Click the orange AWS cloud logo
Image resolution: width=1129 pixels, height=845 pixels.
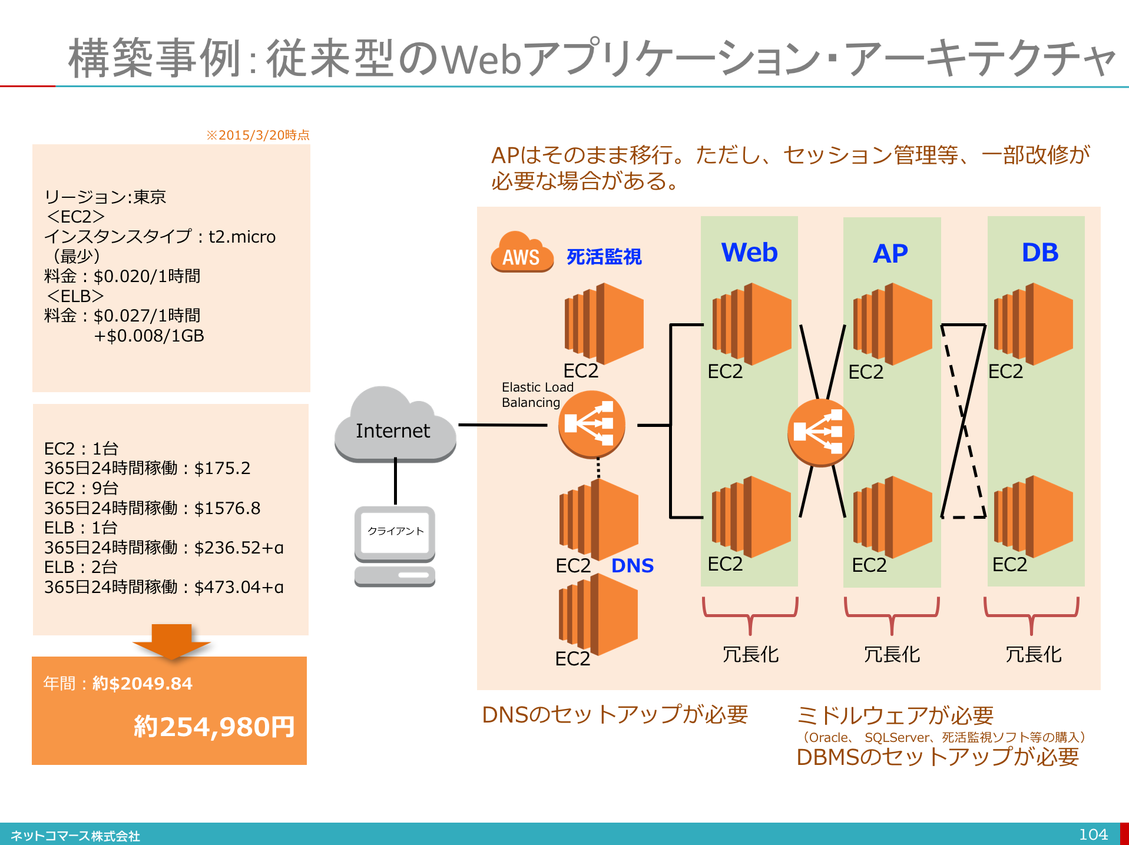click(x=522, y=251)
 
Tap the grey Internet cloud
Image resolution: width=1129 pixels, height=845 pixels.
click(x=395, y=424)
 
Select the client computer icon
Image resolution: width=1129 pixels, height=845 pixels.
click(x=395, y=546)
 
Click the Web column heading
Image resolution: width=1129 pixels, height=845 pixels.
click(x=749, y=253)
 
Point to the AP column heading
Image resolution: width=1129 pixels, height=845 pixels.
click(x=890, y=254)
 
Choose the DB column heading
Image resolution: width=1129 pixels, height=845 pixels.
click(x=1040, y=253)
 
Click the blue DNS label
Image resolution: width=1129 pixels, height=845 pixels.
click(x=633, y=565)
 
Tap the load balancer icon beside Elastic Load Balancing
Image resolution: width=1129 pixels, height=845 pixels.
click(x=591, y=424)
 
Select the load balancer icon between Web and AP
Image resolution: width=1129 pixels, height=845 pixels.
click(x=820, y=432)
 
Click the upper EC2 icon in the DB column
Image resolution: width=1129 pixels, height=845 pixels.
click(x=1033, y=324)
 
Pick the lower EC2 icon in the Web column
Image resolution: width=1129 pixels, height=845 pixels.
click(x=751, y=517)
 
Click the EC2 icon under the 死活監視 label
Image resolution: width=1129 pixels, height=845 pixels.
click(x=604, y=323)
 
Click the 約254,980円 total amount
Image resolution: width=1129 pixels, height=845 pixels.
click(x=214, y=727)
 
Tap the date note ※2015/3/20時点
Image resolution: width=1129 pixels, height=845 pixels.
click(x=258, y=135)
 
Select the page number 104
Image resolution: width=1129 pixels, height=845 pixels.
click(x=1093, y=834)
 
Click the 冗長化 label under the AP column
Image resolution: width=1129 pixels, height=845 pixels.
click(x=892, y=654)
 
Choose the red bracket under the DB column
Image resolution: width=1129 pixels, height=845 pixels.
click(x=1031, y=615)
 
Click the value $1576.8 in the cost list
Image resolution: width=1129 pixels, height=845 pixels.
click(x=227, y=508)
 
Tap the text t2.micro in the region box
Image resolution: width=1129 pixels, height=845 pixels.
click(x=242, y=237)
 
